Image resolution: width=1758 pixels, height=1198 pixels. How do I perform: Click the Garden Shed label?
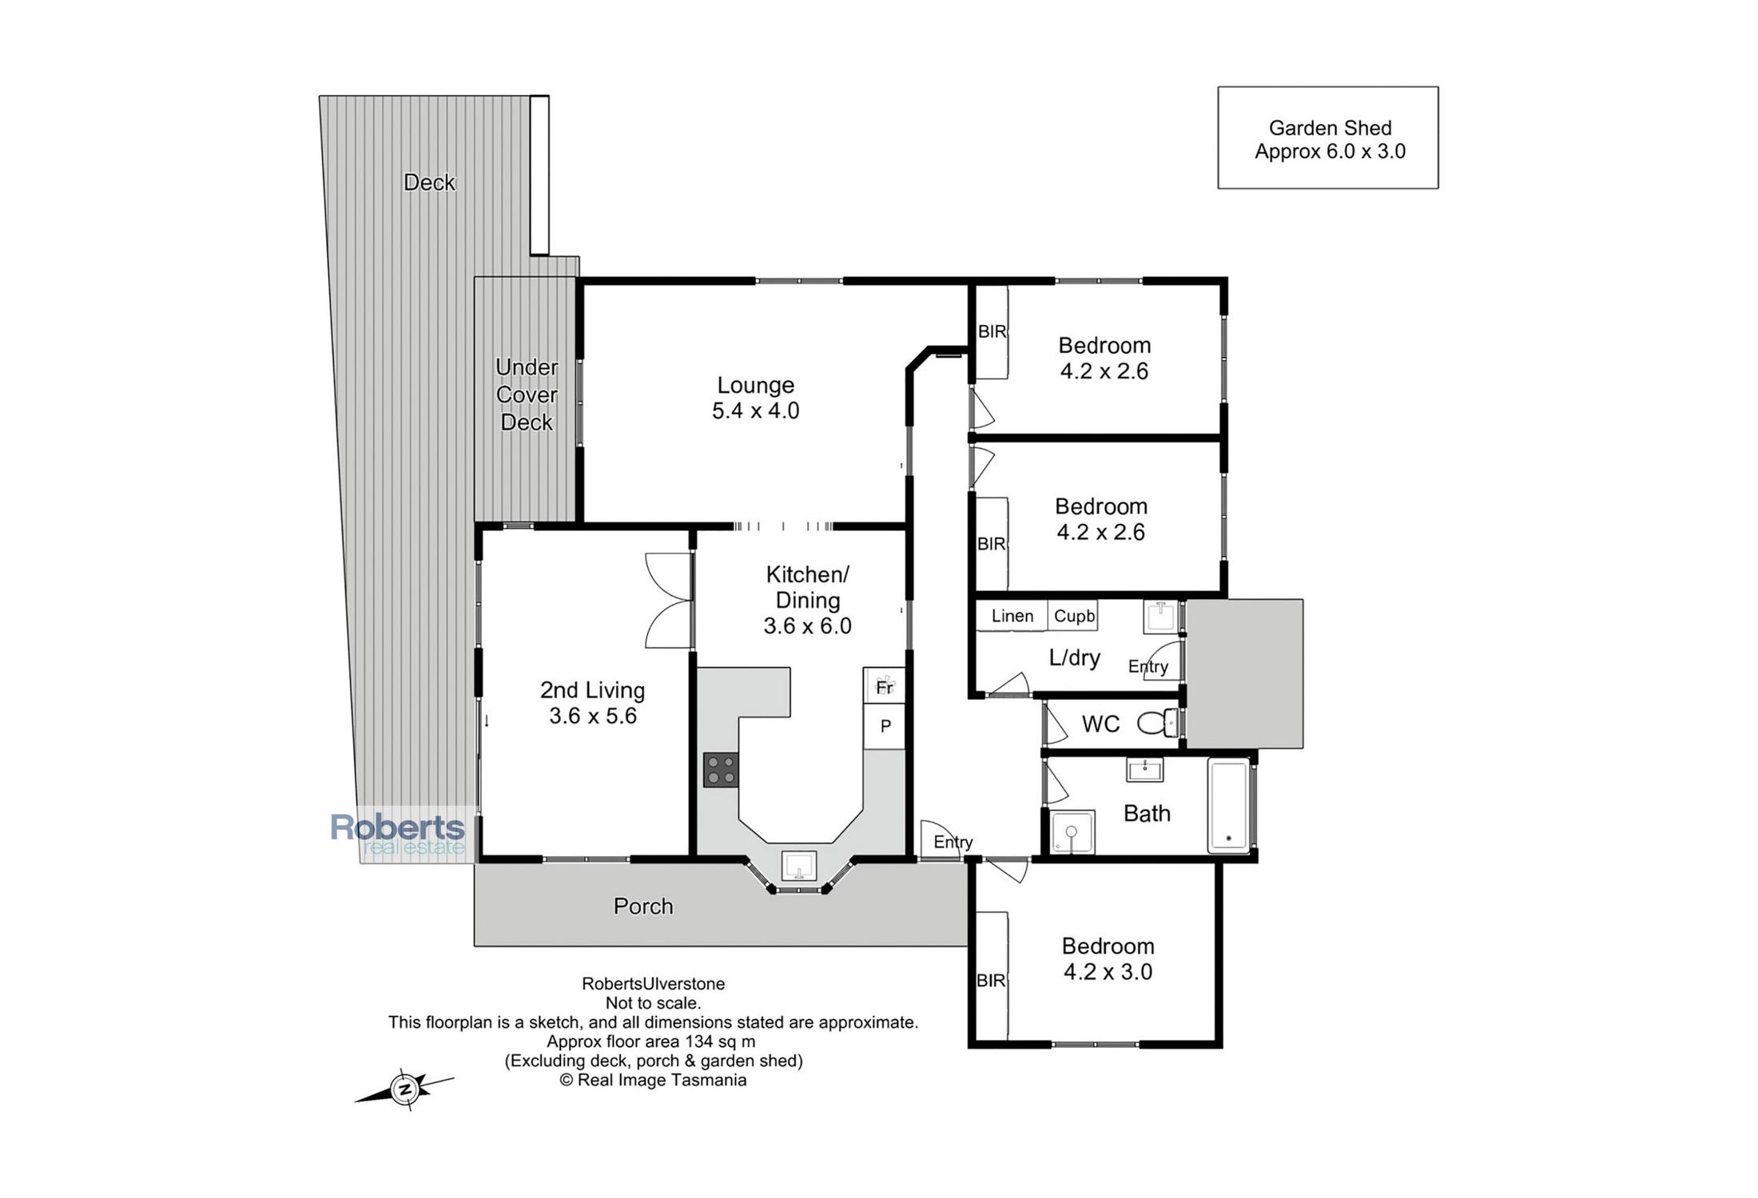(1330, 128)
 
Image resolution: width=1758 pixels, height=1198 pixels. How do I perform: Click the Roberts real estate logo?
(398, 835)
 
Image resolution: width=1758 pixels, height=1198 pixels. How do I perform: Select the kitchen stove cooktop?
(721, 770)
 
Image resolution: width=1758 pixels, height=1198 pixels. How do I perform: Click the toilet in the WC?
(1157, 724)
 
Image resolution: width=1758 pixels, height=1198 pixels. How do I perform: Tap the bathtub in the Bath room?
(1228, 806)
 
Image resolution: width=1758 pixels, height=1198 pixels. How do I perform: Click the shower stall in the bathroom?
(1072, 832)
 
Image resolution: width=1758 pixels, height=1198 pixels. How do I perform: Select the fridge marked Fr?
(884, 686)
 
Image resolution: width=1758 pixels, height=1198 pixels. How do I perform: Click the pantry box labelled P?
(884, 726)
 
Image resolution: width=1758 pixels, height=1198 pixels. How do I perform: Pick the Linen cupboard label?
(1012, 616)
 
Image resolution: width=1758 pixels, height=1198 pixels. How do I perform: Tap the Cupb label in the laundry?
(1074, 616)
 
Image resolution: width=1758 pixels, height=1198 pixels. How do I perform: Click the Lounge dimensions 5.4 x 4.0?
(755, 411)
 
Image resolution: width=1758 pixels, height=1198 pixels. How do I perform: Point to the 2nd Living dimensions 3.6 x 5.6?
(593, 716)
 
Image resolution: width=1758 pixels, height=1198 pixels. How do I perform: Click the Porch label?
(643, 906)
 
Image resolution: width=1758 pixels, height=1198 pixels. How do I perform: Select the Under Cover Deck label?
(527, 395)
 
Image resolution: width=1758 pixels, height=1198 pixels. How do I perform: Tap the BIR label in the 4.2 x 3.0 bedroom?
(991, 980)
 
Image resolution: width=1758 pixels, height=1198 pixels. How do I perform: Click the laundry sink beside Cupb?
(1161, 617)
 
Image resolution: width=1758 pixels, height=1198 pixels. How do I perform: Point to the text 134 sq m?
(719, 1041)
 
